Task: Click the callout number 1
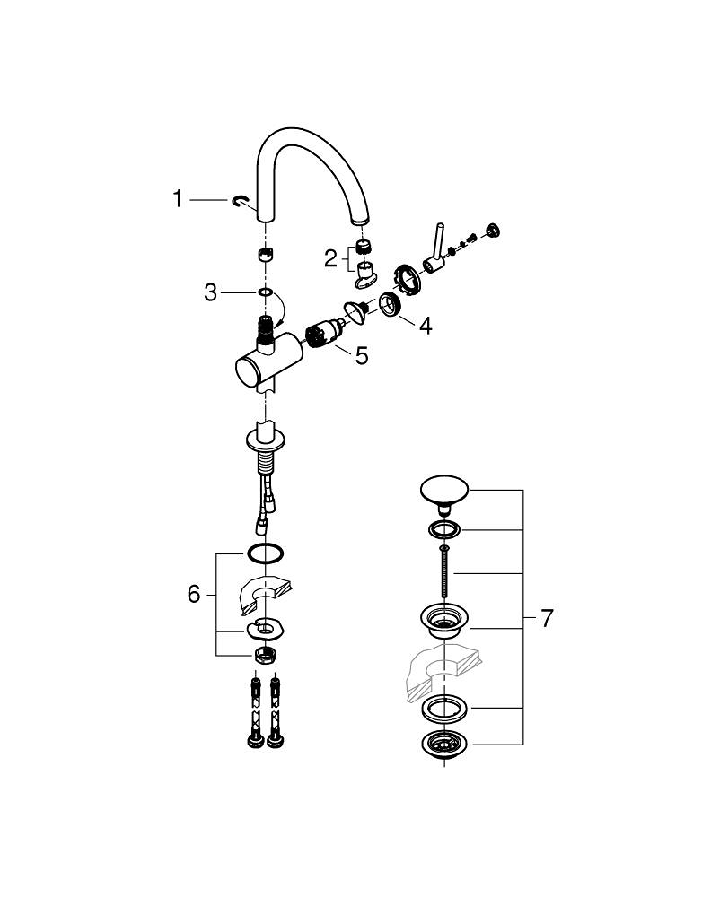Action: point(178,197)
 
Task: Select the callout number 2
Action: point(330,259)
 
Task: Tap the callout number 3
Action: point(210,292)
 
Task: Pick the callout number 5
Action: point(361,356)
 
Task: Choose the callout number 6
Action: point(194,594)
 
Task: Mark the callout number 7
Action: point(546,618)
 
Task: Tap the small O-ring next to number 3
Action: point(264,292)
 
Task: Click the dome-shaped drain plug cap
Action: point(445,492)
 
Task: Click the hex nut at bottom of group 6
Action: point(265,654)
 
